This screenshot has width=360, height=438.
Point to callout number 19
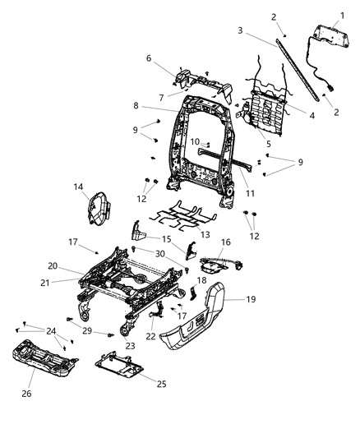252,299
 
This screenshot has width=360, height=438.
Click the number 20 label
53,265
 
